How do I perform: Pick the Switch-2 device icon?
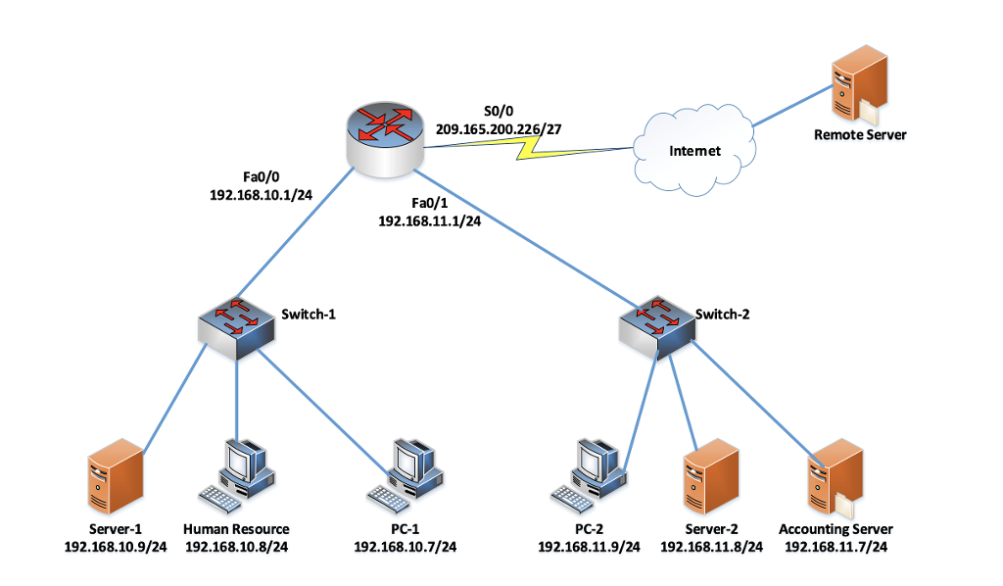[x=655, y=327]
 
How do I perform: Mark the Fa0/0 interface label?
[x=261, y=176]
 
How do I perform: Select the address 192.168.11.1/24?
[x=429, y=221]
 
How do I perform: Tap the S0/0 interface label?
[x=500, y=110]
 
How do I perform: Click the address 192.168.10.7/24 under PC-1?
[x=405, y=547]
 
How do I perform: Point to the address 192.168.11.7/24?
[x=836, y=547]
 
